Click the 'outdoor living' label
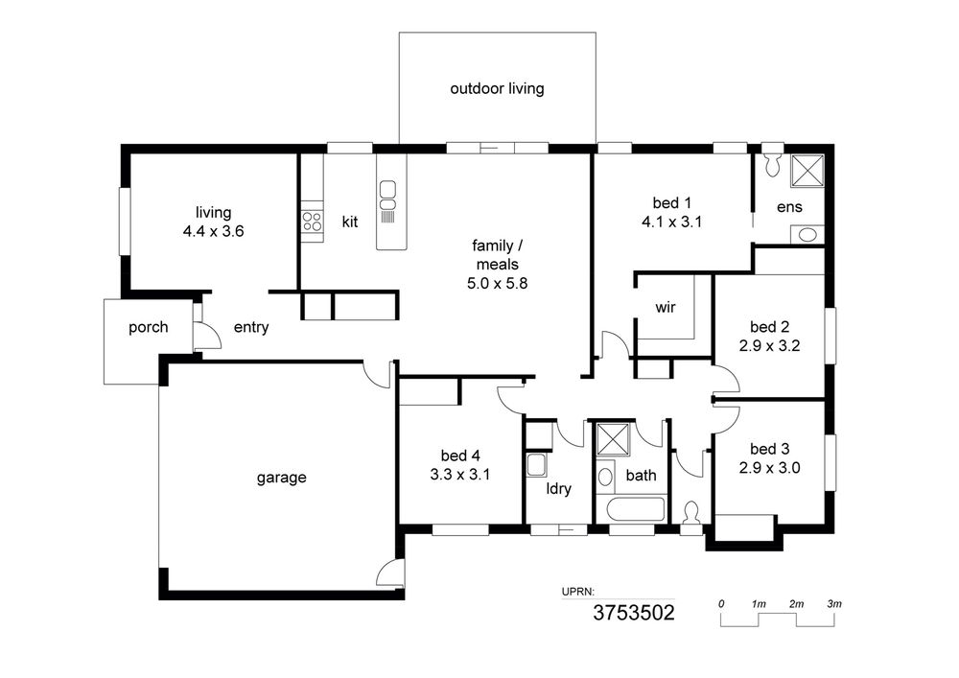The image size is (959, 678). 497,88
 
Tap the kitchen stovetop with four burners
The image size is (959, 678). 312,221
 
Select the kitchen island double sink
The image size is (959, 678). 387,197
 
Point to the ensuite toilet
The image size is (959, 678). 773,162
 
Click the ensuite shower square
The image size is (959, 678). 807,171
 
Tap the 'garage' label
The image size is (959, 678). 281,478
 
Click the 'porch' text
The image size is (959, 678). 148,328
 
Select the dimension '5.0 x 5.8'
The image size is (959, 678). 497,284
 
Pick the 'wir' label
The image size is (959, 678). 666,307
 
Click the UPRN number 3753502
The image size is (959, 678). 634,613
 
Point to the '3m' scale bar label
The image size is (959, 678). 834,604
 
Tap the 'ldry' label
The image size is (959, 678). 558,488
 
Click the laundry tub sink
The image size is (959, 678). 538,465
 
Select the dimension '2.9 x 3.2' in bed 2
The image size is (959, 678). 769,346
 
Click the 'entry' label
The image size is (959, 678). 250,328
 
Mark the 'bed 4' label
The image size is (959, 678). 460,456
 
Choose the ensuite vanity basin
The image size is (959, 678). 807,235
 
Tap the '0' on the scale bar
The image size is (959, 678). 722,604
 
